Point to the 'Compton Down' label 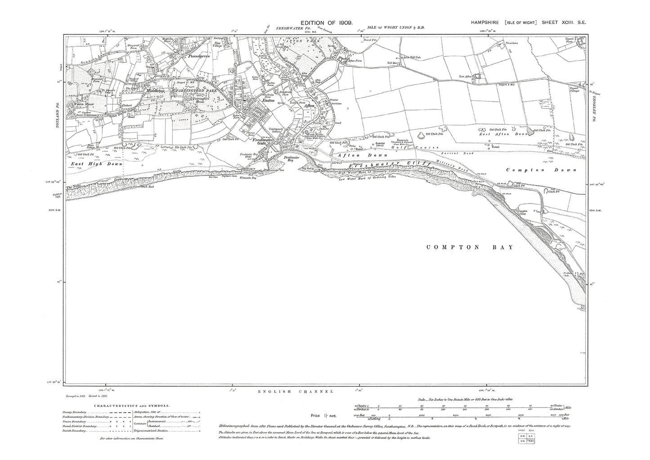click(x=541, y=170)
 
